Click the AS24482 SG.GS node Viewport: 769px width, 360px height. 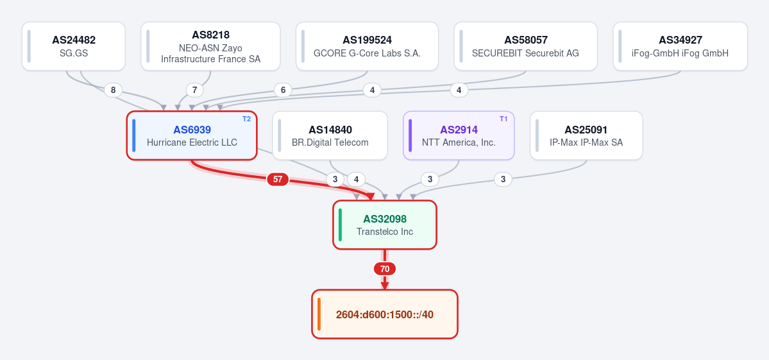click(x=74, y=46)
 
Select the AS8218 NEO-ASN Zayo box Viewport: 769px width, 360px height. click(x=210, y=46)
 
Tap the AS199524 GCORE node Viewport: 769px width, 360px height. click(x=367, y=46)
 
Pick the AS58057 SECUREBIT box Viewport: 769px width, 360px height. click(x=525, y=46)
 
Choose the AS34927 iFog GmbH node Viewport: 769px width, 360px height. click(x=680, y=46)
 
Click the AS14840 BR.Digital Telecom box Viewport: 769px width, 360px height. click(x=330, y=135)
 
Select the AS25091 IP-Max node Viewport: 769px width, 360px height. click(x=586, y=135)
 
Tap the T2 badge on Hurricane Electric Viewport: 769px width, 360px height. click(x=247, y=119)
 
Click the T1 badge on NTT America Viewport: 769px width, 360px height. click(x=503, y=119)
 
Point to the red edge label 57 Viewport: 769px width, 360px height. click(x=278, y=179)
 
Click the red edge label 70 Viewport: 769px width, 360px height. click(x=385, y=269)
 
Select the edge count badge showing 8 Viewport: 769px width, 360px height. click(x=114, y=90)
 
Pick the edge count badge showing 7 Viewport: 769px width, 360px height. click(x=195, y=90)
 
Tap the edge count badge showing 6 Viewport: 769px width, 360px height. click(x=282, y=90)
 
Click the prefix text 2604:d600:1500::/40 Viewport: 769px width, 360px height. click(x=385, y=314)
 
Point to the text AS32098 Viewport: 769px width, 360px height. click(x=385, y=219)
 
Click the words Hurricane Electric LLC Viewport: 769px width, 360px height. click(x=192, y=142)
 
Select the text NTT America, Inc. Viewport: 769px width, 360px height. click(x=459, y=142)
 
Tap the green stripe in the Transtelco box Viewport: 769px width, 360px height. click(x=341, y=225)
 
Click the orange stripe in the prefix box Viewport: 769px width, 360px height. click(x=319, y=314)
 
